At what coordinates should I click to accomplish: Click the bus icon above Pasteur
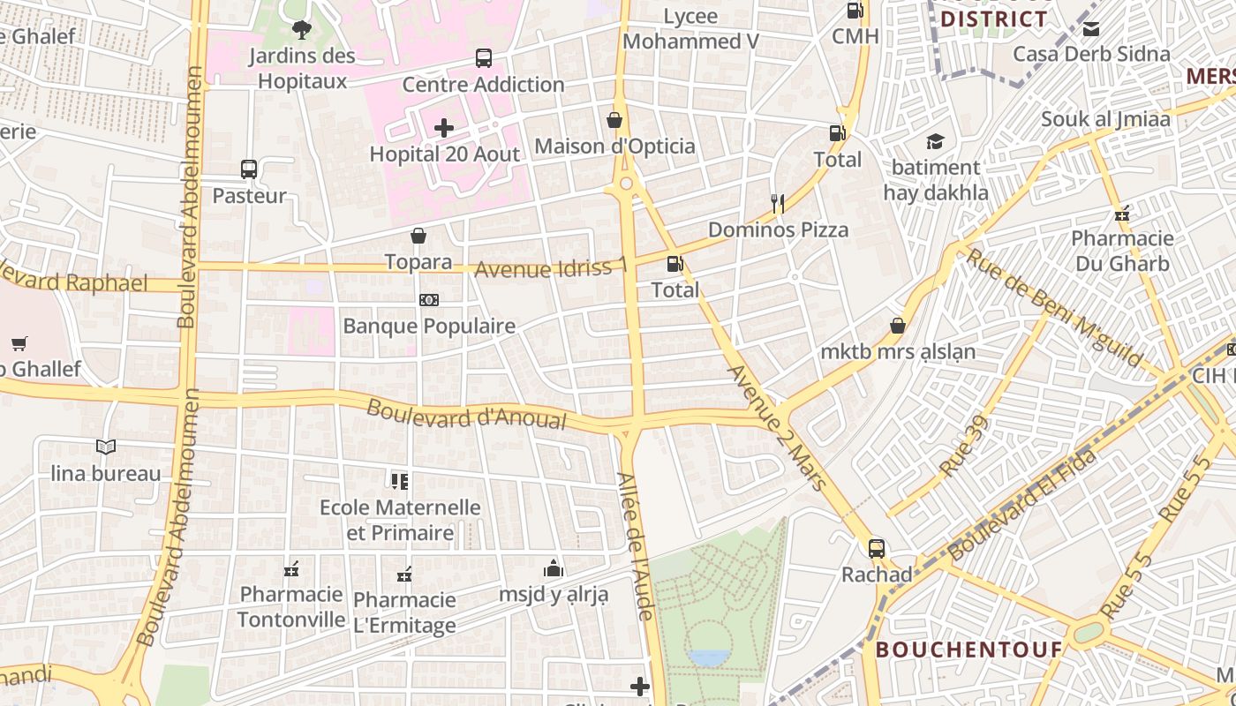249,169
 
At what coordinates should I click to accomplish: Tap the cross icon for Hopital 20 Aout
444,128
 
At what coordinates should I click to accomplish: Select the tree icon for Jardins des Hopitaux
302,30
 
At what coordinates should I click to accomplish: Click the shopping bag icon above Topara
418,236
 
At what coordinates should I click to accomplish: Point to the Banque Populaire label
429,326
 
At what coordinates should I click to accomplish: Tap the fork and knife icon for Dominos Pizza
778,204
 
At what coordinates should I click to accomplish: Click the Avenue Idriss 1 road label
551,267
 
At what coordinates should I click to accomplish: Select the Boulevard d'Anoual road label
466,414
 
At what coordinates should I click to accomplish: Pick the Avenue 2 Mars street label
778,427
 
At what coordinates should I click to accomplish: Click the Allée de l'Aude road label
635,545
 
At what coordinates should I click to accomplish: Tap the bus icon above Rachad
876,548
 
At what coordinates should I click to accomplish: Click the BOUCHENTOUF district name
968,650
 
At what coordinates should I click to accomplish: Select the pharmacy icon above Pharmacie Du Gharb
1121,213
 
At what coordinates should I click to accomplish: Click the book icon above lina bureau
106,447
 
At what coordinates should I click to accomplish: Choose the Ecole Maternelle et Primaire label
400,520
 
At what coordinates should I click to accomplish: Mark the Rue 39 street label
964,447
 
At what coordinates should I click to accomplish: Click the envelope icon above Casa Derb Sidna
1091,28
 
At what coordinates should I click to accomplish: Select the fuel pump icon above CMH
855,11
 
